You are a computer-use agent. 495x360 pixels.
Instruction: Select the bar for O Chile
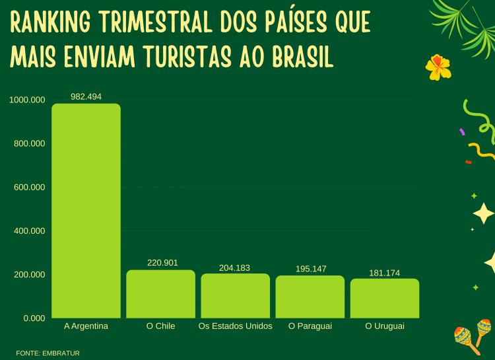[160, 294]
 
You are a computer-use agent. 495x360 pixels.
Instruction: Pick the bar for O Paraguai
[310, 297]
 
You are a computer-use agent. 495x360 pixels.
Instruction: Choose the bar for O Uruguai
[384, 298]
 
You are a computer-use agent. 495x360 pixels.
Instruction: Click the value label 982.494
[86, 96]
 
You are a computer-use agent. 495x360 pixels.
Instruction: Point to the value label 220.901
[162, 263]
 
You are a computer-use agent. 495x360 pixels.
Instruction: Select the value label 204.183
[235, 268]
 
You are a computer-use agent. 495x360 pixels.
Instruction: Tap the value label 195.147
[310, 269]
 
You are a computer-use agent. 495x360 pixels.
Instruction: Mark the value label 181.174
[384, 273]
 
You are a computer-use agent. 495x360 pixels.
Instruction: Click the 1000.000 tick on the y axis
[27, 100]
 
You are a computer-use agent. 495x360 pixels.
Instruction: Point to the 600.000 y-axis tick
[29, 187]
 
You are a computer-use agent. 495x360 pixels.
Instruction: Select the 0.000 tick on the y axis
[34, 318]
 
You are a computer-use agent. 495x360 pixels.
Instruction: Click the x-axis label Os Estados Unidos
[235, 326]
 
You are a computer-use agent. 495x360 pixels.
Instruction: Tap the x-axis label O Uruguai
[384, 326]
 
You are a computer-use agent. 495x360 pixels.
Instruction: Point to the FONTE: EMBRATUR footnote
[48, 353]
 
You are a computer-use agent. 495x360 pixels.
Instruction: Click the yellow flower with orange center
[438, 66]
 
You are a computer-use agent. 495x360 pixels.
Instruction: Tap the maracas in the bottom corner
[473, 334]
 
